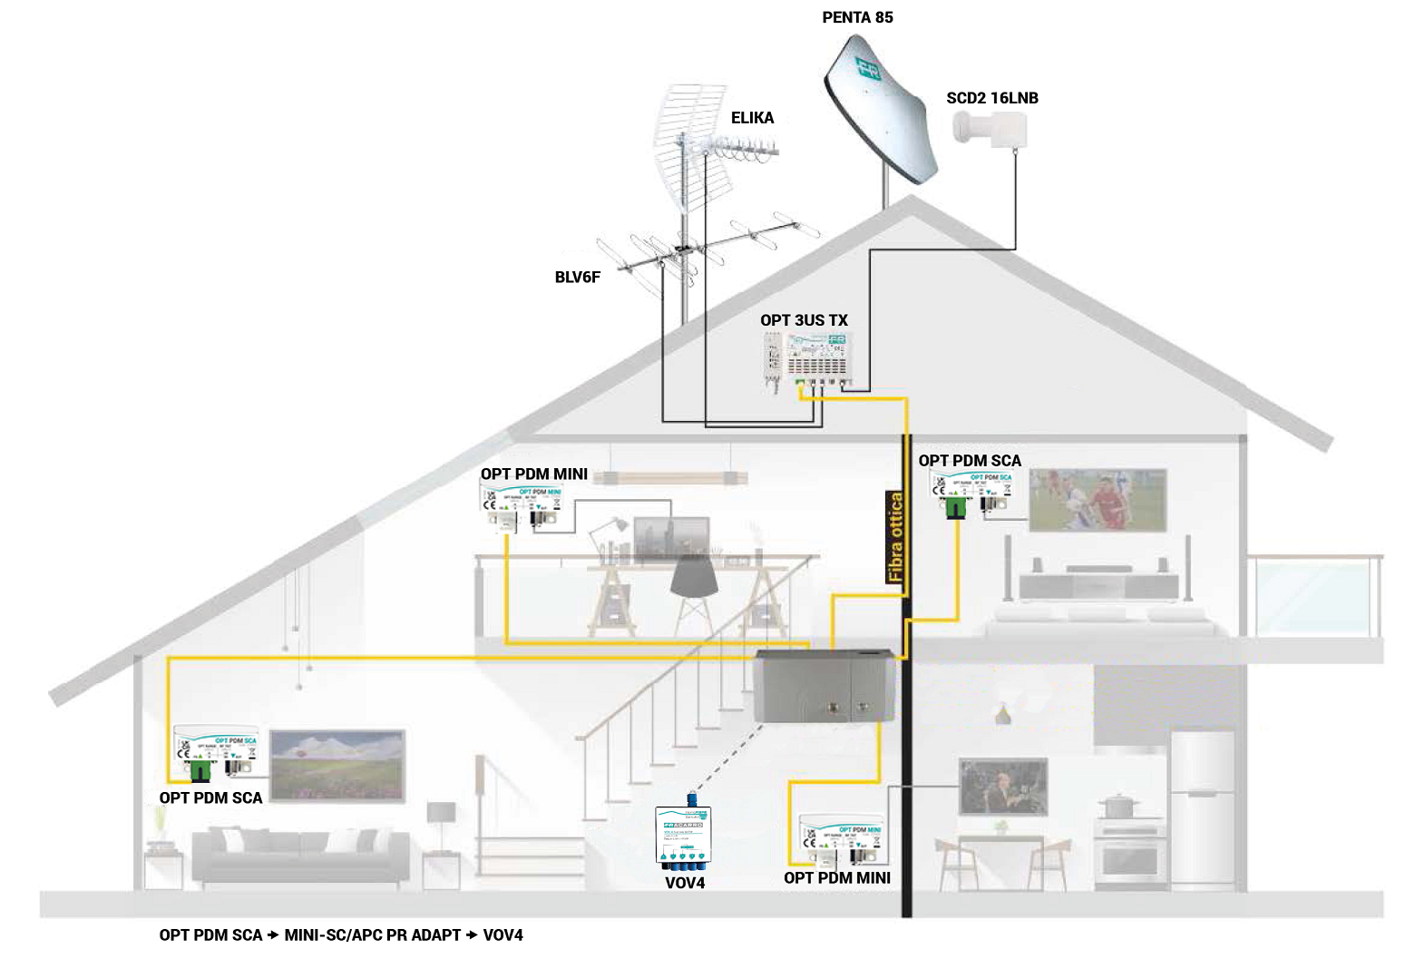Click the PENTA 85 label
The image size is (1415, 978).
click(x=857, y=17)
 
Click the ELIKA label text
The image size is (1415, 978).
click(x=752, y=118)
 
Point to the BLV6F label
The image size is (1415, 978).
click(x=577, y=278)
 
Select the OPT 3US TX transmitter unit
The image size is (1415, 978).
click(x=807, y=360)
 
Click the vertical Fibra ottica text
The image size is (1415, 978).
click(x=896, y=536)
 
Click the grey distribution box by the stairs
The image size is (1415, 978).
click(x=823, y=686)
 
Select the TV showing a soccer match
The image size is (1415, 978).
click(x=1098, y=500)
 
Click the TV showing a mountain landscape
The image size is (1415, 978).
click(x=337, y=765)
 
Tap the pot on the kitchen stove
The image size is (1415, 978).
click(x=1119, y=806)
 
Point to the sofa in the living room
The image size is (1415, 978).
click(x=299, y=856)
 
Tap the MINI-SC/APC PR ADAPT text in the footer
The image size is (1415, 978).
click(x=372, y=935)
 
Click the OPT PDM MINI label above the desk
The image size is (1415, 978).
click(x=533, y=474)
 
